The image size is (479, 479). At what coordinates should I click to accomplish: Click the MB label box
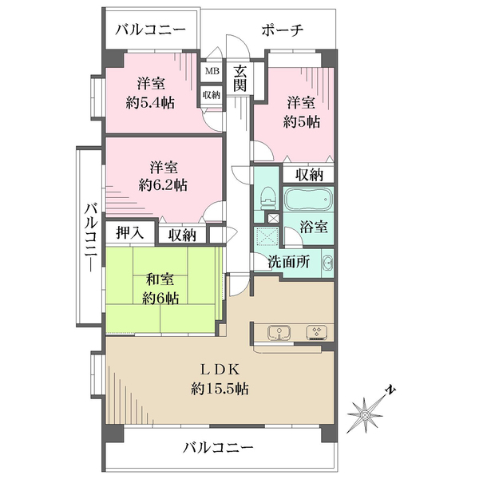coord(212,70)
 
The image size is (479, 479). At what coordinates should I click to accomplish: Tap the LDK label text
coord(219,370)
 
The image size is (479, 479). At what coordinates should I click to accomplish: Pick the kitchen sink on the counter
coord(280,334)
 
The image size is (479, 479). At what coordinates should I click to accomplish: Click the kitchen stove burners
coord(316,334)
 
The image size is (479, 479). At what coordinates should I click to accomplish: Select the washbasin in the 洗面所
coord(327,263)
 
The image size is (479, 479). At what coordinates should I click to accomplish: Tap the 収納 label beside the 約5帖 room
coord(309,175)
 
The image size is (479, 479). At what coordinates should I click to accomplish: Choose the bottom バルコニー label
coord(217,448)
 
